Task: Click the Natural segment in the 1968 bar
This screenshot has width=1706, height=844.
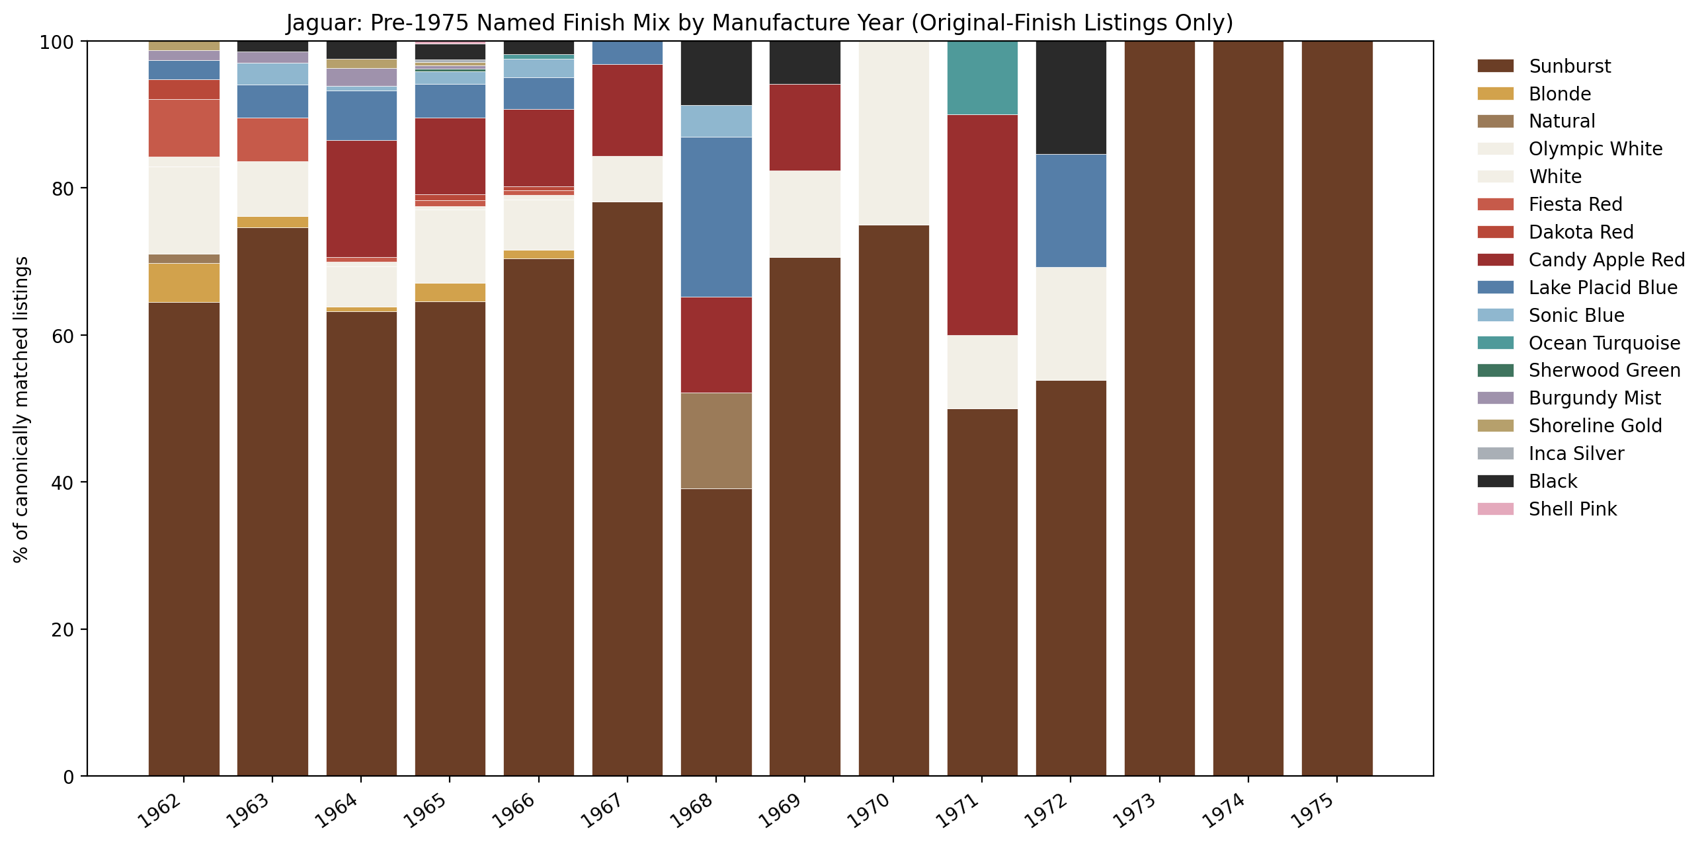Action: coord(716,441)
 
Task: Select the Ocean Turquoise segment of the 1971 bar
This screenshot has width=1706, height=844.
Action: coord(982,78)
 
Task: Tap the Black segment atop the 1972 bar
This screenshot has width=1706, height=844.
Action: coord(1071,98)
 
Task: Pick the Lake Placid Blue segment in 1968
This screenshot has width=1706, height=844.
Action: coord(716,217)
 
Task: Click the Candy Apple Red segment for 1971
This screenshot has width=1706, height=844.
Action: coord(982,225)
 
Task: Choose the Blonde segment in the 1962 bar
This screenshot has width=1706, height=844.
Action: coord(184,283)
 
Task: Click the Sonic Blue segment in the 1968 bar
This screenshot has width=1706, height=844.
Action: coord(716,121)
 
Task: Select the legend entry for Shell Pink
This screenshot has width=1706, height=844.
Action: coord(1572,509)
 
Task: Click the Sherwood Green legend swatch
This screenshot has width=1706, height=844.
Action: coord(1495,371)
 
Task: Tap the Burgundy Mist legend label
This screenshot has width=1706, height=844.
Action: coord(1594,399)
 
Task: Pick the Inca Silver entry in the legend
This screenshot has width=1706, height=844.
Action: coord(1576,453)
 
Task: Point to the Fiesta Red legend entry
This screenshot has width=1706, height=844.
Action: coord(1575,204)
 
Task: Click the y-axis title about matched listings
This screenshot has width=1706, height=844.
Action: coord(21,409)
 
